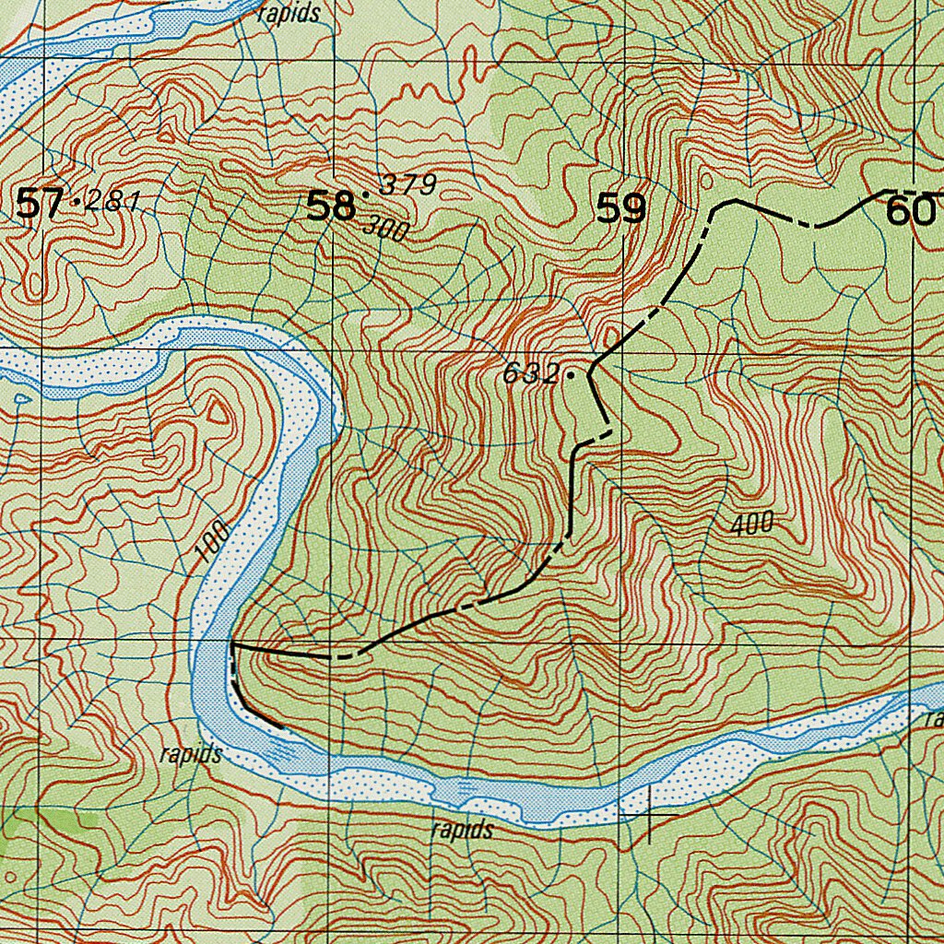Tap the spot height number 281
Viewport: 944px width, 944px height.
(x=112, y=201)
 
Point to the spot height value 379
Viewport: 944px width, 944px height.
(x=407, y=184)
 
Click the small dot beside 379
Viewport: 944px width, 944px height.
(x=366, y=195)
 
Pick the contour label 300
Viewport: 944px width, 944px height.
(x=386, y=230)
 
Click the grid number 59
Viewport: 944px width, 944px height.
(x=620, y=209)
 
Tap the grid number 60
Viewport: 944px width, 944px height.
(x=909, y=213)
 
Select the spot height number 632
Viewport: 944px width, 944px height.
(x=531, y=374)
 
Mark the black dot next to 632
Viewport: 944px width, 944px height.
(x=571, y=375)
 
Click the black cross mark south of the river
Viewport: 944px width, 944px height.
(x=651, y=815)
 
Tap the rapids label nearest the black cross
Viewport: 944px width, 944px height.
(x=462, y=830)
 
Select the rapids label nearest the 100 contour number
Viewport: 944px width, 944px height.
(x=191, y=754)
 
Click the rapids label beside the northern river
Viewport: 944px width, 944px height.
(x=289, y=14)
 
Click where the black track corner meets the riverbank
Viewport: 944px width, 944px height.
(x=232, y=644)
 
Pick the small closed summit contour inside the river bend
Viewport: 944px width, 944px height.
(x=218, y=413)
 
